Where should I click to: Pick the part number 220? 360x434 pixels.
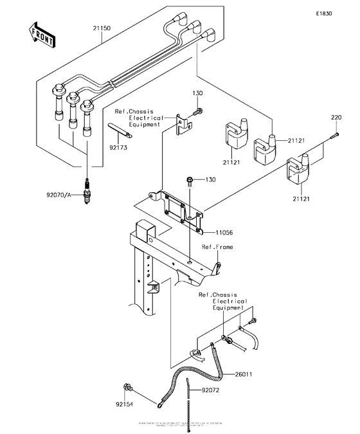(336, 118)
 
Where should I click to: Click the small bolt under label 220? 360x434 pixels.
(336, 135)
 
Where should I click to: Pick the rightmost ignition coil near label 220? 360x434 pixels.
(303, 170)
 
